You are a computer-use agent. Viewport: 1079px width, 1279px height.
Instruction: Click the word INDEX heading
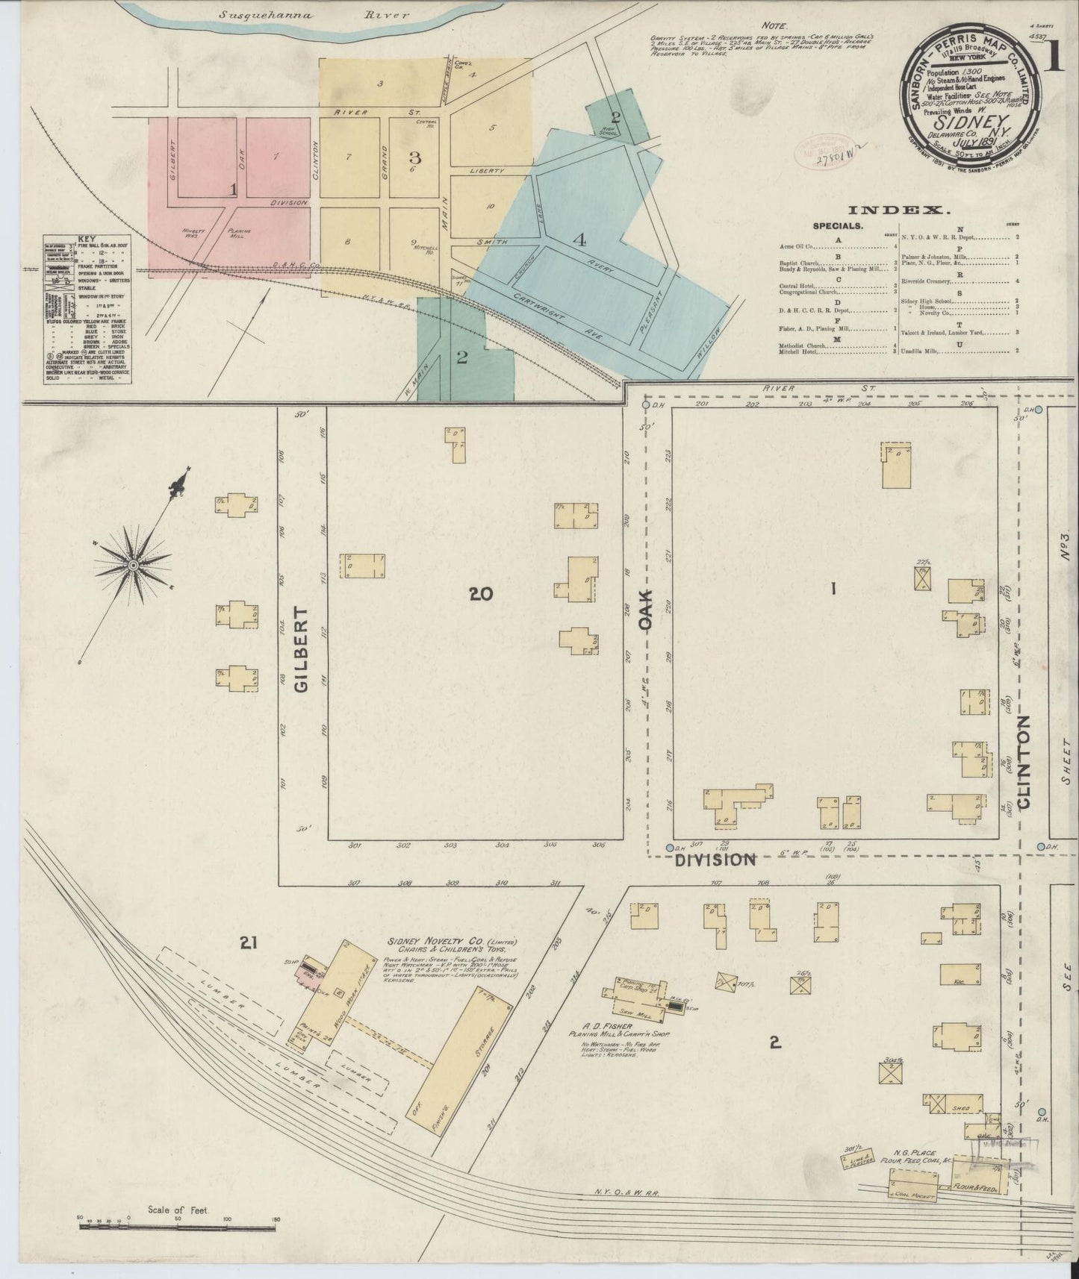click(907, 210)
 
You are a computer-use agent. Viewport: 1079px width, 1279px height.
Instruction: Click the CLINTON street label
click(1023, 762)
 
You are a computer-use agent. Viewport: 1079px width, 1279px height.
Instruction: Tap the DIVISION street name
click(716, 860)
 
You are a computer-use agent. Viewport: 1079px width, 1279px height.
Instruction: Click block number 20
click(482, 594)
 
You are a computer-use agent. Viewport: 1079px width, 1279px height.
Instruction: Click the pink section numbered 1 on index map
click(233, 190)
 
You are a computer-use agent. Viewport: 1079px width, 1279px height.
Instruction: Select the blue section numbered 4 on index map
click(579, 240)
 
